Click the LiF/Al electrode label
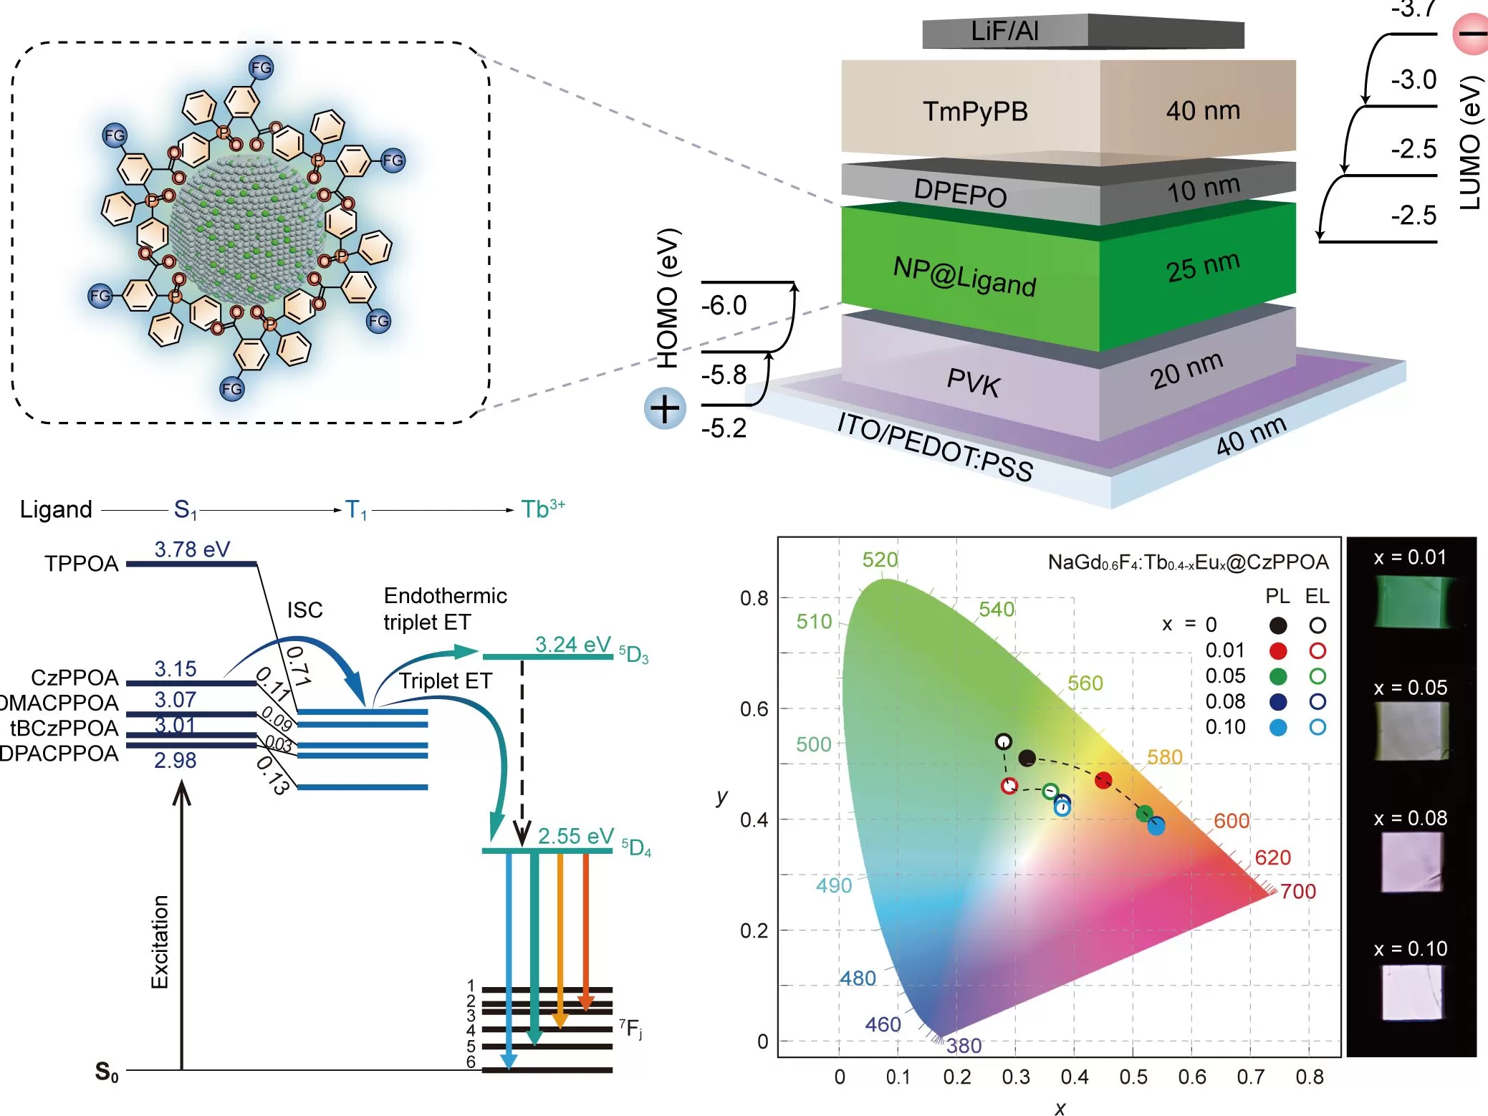click(x=1004, y=32)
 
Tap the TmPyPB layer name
click(x=975, y=112)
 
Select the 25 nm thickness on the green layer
click(x=1202, y=267)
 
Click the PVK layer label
click(x=973, y=382)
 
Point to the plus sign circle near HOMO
click(x=665, y=409)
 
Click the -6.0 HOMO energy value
click(x=724, y=306)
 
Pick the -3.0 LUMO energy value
click(x=1413, y=80)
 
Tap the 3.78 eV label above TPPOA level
click(x=192, y=549)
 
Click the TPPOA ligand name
click(x=82, y=564)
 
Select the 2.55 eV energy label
click(x=575, y=836)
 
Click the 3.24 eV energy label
click(x=572, y=645)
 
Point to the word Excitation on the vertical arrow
click(x=160, y=942)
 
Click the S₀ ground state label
click(x=107, y=1072)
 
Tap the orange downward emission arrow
click(x=560, y=938)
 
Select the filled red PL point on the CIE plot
click(x=1103, y=780)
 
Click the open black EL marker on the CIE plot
click(x=1004, y=741)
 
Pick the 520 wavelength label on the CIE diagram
click(x=880, y=559)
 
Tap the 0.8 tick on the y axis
click(x=754, y=598)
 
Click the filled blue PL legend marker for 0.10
click(x=1277, y=728)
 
